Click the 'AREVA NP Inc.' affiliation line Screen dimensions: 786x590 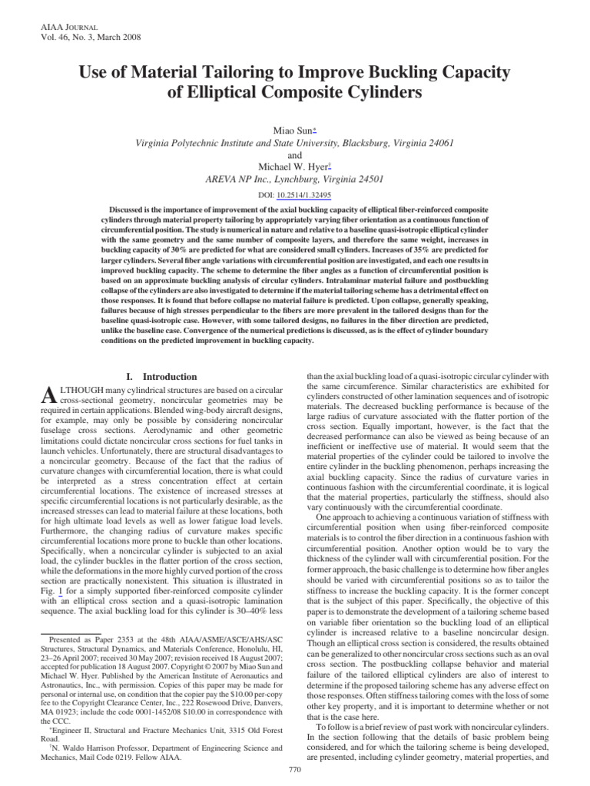[294, 180]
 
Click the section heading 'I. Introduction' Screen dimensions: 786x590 [161, 377]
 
